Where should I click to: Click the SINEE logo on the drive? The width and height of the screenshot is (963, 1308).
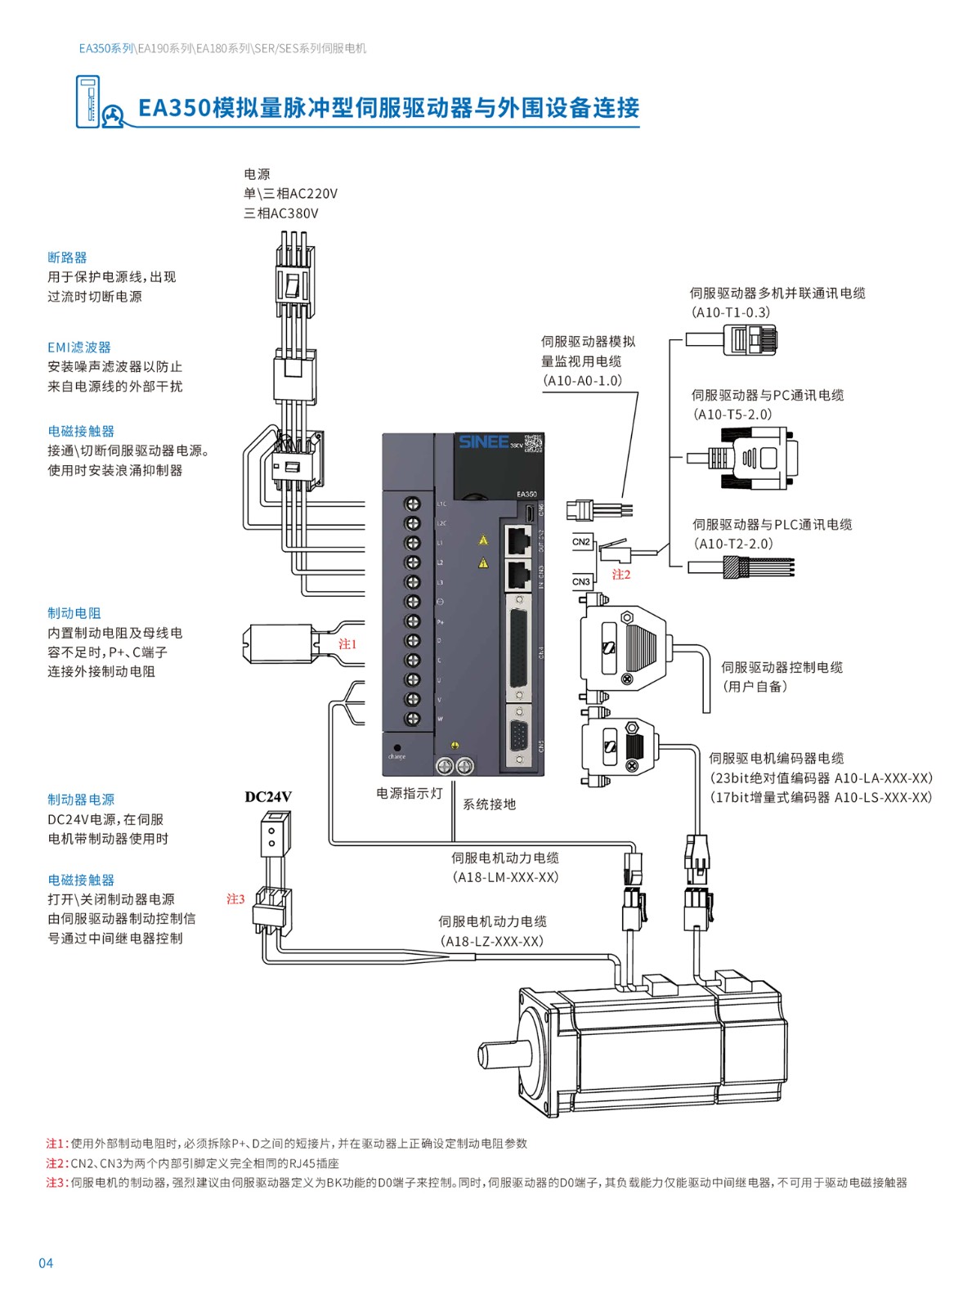click(483, 442)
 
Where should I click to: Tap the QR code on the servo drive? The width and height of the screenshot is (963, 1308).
click(533, 443)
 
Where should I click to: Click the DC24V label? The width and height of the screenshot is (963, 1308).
click(268, 797)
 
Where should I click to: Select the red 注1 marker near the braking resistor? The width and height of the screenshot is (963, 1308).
click(348, 644)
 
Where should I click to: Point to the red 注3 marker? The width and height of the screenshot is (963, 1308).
click(235, 899)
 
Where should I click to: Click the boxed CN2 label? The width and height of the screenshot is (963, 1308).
click(581, 542)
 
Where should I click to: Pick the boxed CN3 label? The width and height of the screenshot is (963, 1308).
click(581, 582)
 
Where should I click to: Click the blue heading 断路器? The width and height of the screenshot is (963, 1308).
click(67, 258)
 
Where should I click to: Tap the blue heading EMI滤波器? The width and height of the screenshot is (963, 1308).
click(79, 347)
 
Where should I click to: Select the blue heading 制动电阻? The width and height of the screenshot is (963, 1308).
click(74, 613)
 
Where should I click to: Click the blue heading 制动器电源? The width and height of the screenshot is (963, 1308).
click(81, 800)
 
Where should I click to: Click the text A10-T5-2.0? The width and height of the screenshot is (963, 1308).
click(732, 414)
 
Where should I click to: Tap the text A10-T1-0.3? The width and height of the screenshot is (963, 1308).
click(731, 312)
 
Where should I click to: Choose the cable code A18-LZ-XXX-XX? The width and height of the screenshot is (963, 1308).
click(492, 941)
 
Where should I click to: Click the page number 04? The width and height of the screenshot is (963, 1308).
click(46, 1263)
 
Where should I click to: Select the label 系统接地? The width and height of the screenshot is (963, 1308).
click(490, 804)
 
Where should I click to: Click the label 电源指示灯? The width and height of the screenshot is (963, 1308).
click(410, 793)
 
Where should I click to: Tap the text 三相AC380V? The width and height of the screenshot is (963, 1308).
click(281, 213)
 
